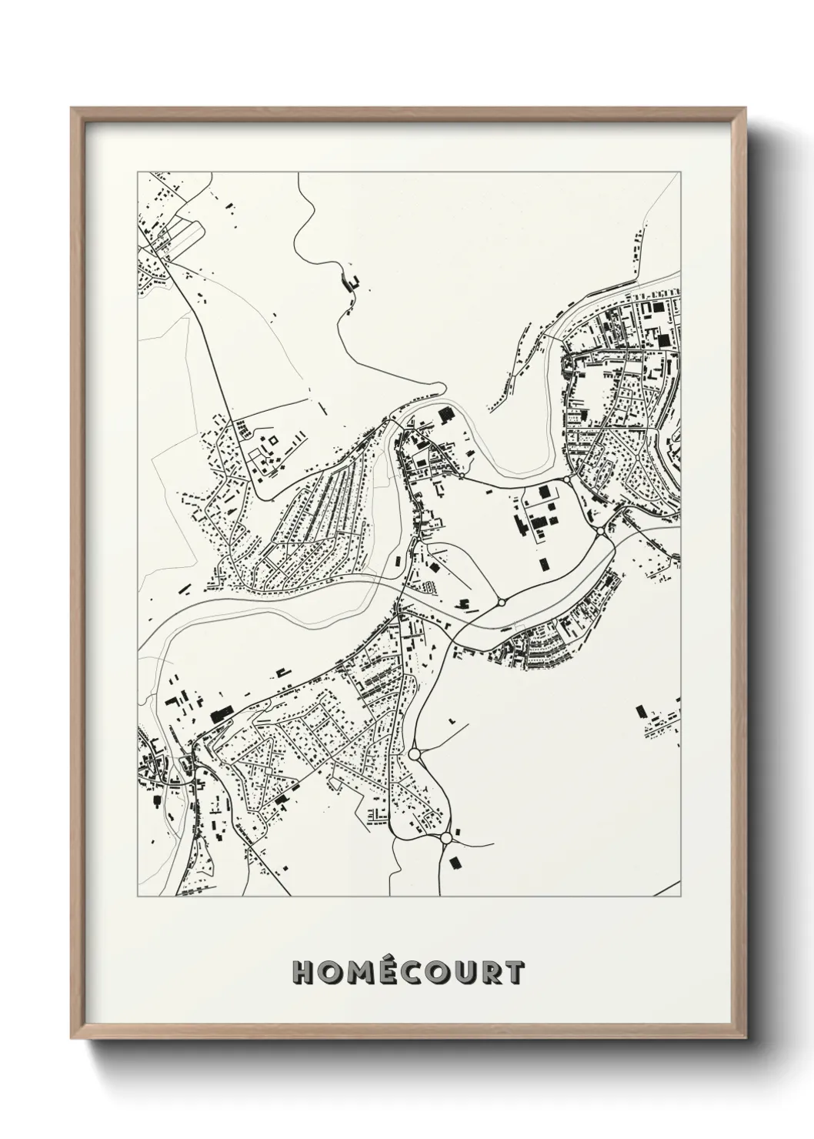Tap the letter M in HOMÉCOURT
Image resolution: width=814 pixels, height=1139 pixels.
click(x=360, y=973)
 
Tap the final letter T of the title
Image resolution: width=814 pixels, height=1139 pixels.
click(x=515, y=973)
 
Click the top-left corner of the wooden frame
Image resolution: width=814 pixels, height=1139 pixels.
click(x=72, y=109)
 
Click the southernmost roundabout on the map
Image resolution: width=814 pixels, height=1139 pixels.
click(x=445, y=838)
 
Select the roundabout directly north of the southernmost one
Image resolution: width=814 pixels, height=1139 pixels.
click(x=415, y=754)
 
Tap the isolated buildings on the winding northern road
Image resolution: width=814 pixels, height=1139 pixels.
click(x=352, y=283)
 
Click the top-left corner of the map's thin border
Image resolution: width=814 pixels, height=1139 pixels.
click(x=137, y=172)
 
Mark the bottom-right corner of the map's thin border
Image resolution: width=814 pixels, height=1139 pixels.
click(x=682, y=897)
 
